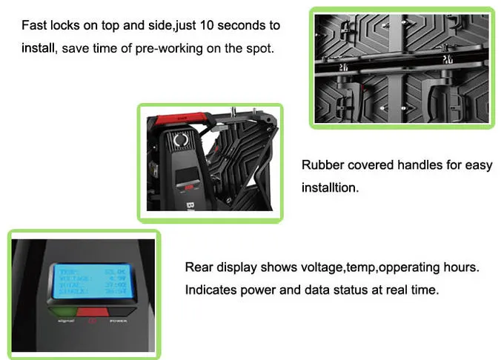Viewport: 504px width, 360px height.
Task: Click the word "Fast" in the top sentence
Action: click(35, 25)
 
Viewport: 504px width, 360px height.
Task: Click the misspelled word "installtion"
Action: click(330, 188)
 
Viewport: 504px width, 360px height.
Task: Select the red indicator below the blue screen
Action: click(93, 313)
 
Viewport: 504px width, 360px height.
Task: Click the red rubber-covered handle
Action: click(185, 118)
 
